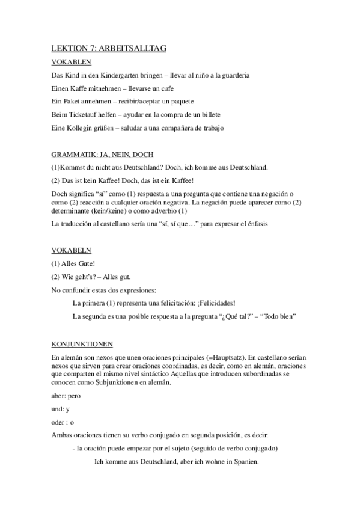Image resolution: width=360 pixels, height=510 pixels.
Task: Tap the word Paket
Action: [73, 100]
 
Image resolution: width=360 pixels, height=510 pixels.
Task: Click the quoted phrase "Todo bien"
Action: [281, 316]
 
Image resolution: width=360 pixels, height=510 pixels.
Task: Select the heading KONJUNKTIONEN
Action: [82, 345]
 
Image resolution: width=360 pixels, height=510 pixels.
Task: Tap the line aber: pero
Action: [66, 396]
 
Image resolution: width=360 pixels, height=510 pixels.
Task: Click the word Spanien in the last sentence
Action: [245, 462]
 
